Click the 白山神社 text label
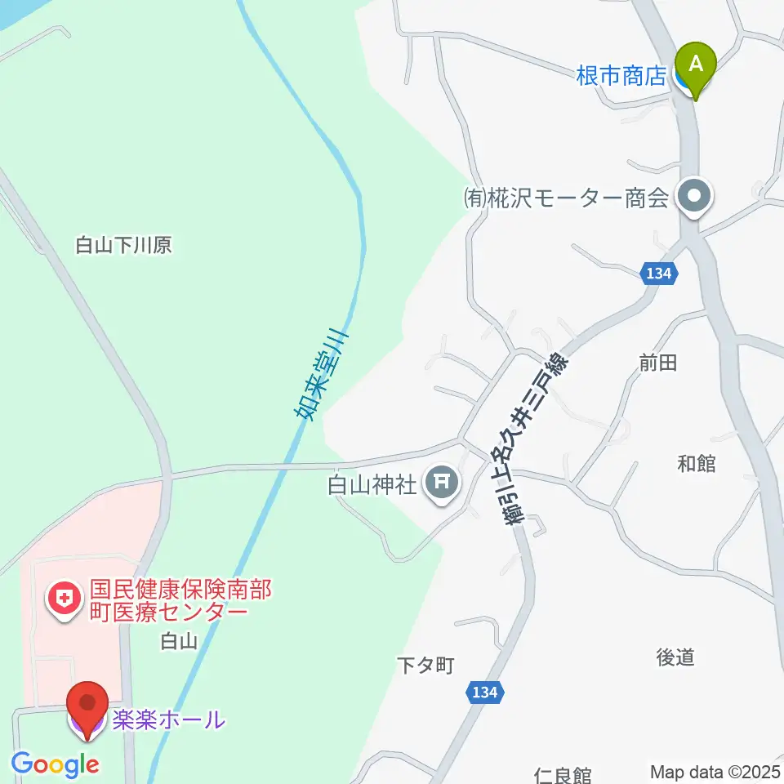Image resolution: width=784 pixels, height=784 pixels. point(372,486)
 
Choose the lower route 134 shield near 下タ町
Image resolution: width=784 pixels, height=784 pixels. point(483,693)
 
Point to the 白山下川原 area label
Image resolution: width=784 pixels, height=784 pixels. point(123,245)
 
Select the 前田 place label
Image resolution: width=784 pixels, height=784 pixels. point(658,363)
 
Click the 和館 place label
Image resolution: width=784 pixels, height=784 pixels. point(697,463)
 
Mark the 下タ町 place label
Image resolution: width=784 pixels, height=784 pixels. point(425,666)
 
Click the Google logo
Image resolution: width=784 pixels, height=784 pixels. point(55,765)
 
